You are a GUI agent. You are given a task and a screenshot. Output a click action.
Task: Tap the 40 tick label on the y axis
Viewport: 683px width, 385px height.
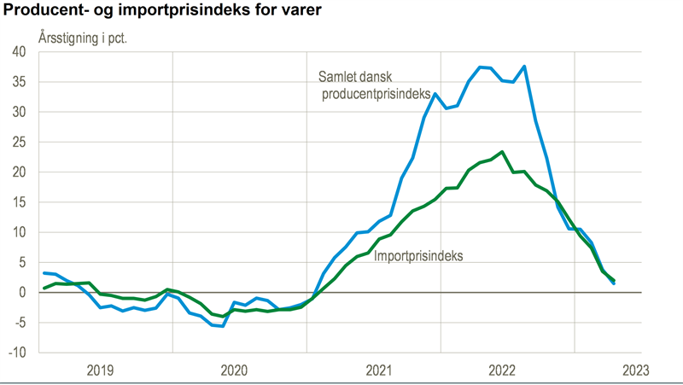[x=20, y=52]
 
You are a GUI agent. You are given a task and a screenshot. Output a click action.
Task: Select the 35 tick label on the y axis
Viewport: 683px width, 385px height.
[x=20, y=82]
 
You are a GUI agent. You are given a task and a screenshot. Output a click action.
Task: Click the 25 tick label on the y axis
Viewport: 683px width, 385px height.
[x=20, y=142]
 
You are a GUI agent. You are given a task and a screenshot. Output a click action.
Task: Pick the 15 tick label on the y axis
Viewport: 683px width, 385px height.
[x=20, y=202]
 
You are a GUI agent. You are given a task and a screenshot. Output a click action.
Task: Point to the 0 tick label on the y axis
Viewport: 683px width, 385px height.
[x=23, y=293]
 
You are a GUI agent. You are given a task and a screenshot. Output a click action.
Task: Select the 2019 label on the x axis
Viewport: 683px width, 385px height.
[x=101, y=370]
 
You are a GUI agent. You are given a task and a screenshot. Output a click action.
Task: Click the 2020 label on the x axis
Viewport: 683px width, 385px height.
[x=235, y=370]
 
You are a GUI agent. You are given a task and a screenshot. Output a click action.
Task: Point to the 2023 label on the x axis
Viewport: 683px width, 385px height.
[x=636, y=370]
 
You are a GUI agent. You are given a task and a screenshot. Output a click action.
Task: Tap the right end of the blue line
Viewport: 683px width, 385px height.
[x=614, y=283]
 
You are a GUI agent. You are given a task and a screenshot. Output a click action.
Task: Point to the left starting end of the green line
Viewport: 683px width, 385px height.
[x=44, y=289]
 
